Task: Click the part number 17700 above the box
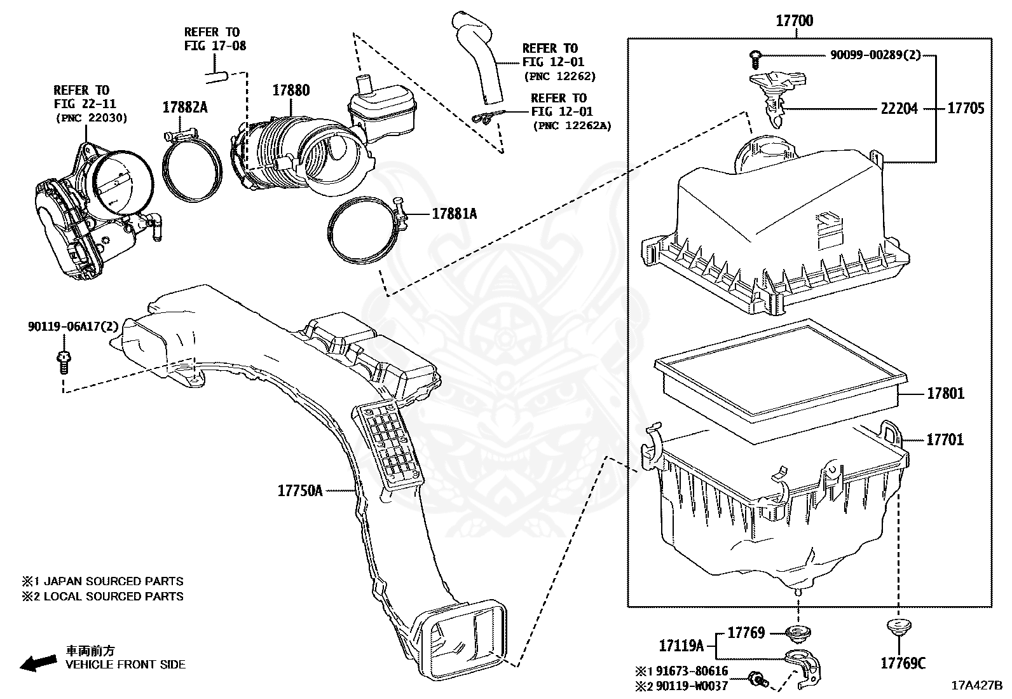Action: [x=794, y=21]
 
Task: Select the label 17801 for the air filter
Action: [x=945, y=394]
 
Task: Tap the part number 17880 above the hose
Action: [x=291, y=90]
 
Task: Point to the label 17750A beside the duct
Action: [x=300, y=490]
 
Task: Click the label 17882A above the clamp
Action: [x=184, y=107]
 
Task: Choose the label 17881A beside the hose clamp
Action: [x=454, y=214]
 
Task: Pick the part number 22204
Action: [x=899, y=109]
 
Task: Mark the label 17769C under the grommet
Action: [x=903, y=663]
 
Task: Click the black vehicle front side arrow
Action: [x=37, y=663]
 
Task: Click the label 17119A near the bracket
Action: [x=681, y=646]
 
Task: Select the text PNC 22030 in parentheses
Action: [x=92, y=118]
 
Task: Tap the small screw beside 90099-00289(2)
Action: [x=754, y=58]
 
